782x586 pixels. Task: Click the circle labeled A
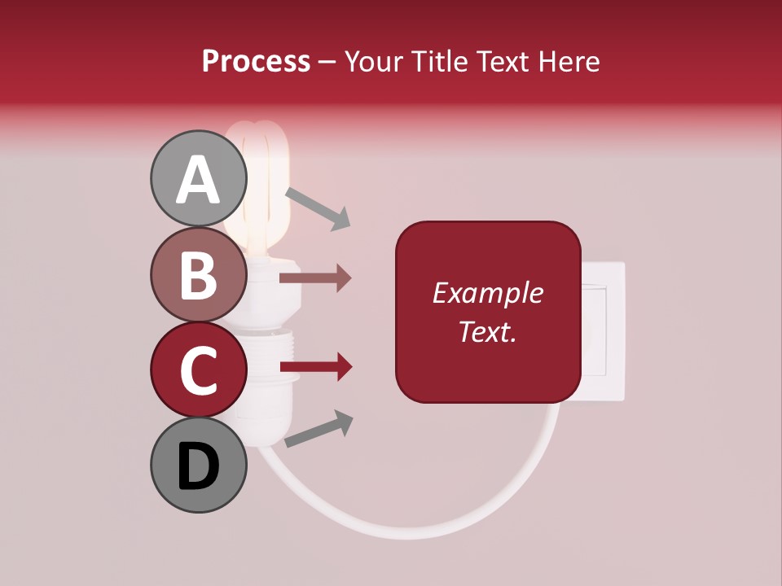pos(198,178)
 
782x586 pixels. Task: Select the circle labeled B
pos(198,274)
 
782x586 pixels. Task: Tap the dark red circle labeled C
pos(198,370)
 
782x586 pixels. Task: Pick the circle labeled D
pos(198,465)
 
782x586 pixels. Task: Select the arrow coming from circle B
pos(314,278)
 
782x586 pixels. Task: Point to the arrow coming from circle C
pos(314,368)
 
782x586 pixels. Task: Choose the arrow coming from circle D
pos(318,429)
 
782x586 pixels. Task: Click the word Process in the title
pos(256,61)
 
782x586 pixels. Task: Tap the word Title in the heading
pos(441,61)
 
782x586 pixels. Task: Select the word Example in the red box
pos(487,294)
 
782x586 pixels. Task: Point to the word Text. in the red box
pos(487,331)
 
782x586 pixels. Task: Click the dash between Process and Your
pos(327,62)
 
